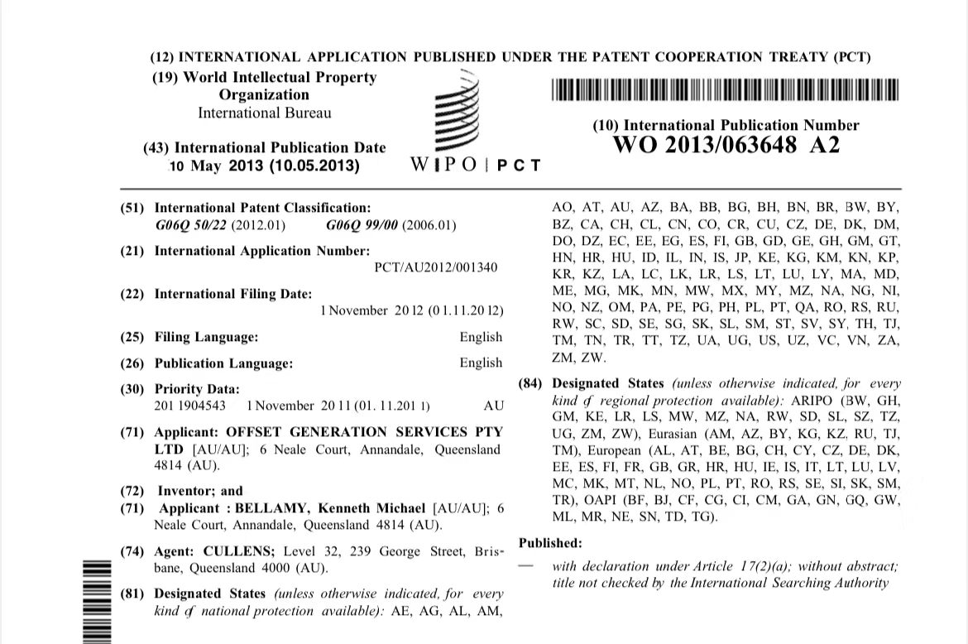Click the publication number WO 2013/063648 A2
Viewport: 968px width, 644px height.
[x=726, y=146]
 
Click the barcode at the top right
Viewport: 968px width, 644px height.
[x=726, y=89]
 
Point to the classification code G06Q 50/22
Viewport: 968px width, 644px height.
[x=192, y=225]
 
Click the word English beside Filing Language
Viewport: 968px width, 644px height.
[x=481, y=337]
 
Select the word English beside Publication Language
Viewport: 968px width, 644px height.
[x=481, y=363]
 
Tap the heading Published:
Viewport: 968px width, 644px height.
[x=550, y=543]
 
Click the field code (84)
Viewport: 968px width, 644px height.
[x=531, y=383]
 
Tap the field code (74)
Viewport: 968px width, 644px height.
[x=133, y=551]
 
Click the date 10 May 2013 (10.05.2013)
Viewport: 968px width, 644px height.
[x=265, y=166]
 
